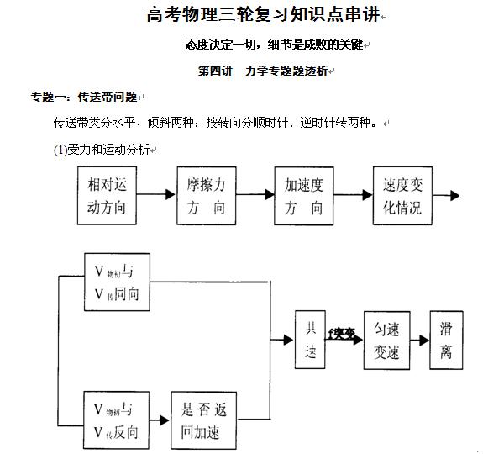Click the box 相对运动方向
click(x=106, y=195)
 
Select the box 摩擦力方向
click(x=205, y=195)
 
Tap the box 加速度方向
click(x=304, y=195)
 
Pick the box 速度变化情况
click(x=402, y=195)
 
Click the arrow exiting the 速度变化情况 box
click(x=446, y=195)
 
